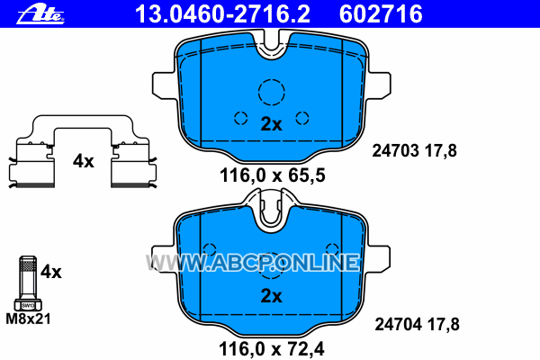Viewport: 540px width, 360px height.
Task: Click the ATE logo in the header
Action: point(40,15)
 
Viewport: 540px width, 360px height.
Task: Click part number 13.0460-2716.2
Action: point(223,14)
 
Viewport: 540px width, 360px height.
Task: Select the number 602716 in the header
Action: point(381,14)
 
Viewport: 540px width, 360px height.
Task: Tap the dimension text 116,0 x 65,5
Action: point(272,175)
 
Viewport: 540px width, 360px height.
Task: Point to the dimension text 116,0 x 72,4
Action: point(272,349)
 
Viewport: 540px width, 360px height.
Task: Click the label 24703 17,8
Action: point(414,151)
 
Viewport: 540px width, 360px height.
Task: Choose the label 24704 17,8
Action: point(417,325)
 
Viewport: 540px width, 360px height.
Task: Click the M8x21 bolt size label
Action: point(28,319)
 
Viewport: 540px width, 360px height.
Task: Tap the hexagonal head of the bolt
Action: point(28,305)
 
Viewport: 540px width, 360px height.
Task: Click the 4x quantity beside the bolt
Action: point(51,272)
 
